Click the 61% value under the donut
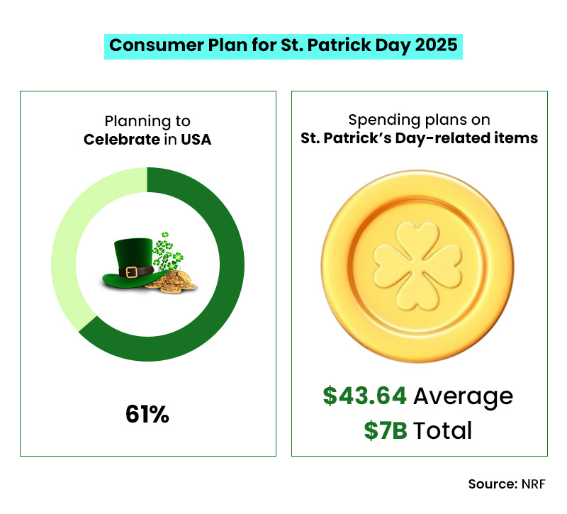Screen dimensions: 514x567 [147, 413]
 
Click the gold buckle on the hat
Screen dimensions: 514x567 [130, 272]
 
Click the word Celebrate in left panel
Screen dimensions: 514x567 [121, 140]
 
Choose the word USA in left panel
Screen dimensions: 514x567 [195, 140]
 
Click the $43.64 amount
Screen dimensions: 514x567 [365, 396]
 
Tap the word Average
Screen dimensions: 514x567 [463, 396]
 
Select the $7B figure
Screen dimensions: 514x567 [386, 430]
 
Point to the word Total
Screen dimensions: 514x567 [443, 430]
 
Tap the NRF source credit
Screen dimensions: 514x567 [531, 484]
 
